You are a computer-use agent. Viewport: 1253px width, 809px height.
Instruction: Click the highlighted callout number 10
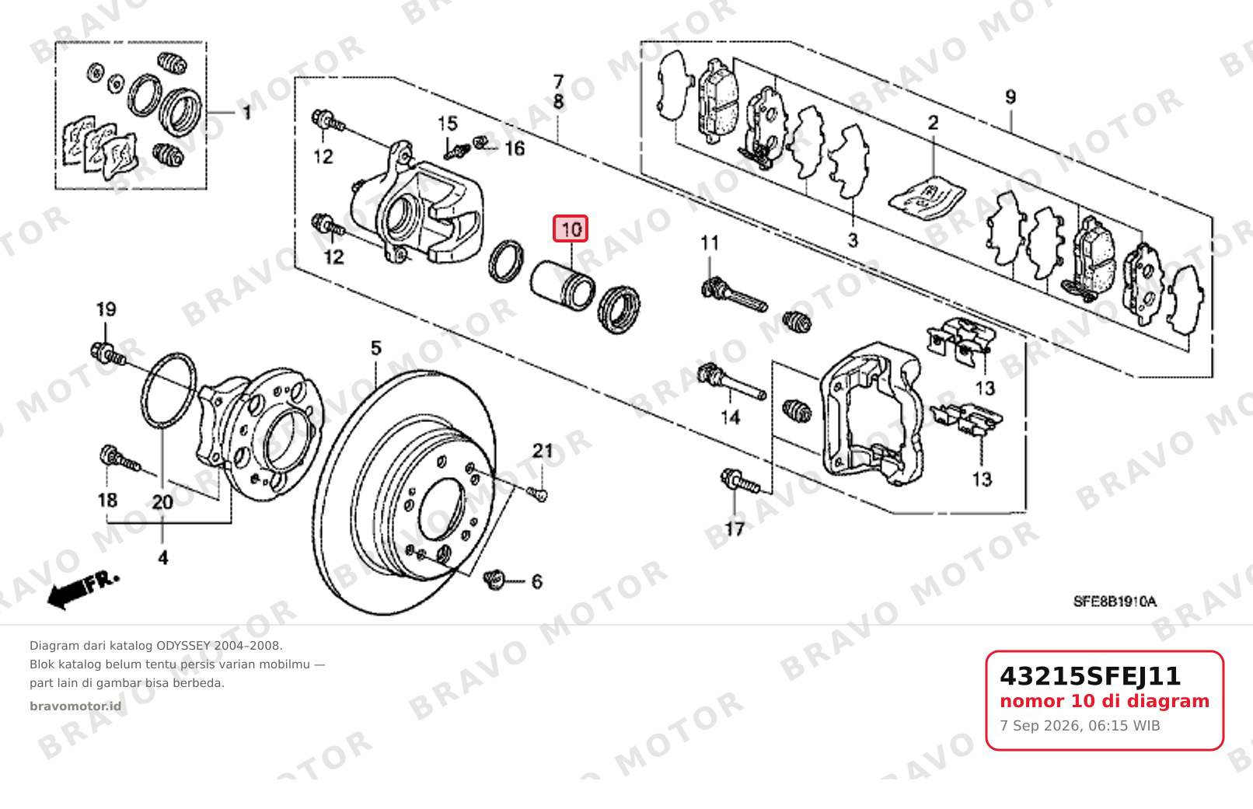click(x=571, y=228)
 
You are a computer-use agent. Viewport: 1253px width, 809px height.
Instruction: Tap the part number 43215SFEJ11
click(x=1090, y=676)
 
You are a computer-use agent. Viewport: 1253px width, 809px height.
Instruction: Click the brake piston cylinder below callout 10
click(x=562, y=285)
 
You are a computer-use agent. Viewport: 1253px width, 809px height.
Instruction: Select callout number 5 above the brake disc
click(x=376, y=348)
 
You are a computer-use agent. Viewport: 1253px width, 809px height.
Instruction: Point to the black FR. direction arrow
click(x=82, y=590)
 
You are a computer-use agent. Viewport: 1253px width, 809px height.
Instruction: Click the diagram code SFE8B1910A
click(x=1115, y=602)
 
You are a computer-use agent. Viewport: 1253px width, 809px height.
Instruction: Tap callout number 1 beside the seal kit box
click(x=246, y=113)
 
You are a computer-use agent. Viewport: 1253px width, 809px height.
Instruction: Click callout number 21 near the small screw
click(x=542, y=451)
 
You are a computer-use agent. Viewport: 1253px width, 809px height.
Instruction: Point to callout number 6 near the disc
click(x=537, y=581)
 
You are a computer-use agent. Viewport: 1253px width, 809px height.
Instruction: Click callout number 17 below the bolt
click(x=735, y=528)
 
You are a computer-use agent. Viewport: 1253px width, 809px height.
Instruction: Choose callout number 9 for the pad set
click(x=1010, y=96)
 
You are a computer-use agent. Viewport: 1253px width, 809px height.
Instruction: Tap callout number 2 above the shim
click(x=933, y=123)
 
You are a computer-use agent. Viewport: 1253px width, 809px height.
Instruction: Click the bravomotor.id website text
click(x=75, y=706)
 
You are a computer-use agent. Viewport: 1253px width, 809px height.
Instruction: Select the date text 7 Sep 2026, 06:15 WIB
click(x=1080, y=726)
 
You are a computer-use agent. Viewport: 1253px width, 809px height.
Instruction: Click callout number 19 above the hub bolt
click(x=106, y=309)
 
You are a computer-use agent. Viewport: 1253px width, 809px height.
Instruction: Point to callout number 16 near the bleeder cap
click(x=515, y=148)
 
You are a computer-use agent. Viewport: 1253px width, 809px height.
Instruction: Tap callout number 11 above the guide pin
click(x=710, y=242)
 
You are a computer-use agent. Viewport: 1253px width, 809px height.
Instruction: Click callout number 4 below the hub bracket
click(x=162, y=557)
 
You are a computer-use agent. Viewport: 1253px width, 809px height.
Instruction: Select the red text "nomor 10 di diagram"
click(x=1105, y=701)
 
